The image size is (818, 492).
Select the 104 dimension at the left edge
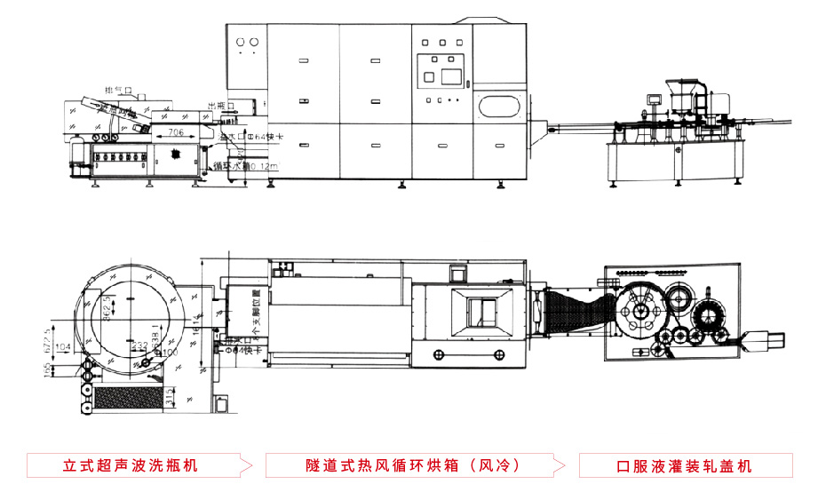point(62,345)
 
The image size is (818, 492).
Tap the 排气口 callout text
point(118,91)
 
